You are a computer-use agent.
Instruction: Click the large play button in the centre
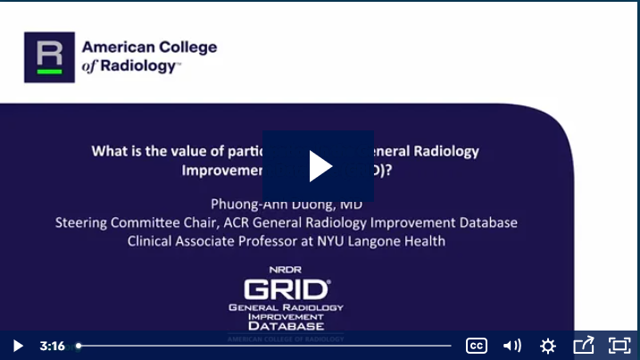tap(320, 165)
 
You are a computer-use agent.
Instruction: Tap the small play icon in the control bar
tap(18, 346)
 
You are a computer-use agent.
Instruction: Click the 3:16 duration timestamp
tap(52, 346)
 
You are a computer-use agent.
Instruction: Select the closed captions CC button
tap(477, 346)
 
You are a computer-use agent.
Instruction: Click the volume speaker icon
tap(512, 346)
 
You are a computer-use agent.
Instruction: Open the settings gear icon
tap(548, 346)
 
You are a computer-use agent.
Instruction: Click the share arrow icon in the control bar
tap(584, 345)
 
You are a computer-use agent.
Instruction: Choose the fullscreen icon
tap(619, 346)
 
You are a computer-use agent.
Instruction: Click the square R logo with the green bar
tap(49, 57)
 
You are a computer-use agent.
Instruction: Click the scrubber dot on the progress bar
tap(79, 346)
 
